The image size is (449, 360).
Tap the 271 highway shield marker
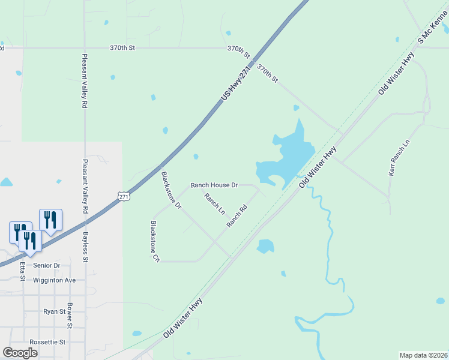pyautogui.click(x=123, y=196)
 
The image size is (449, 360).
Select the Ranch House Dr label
pyautogui.click(x=214, y=185)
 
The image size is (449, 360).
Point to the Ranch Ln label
pyautogui.click(x=214, y=204)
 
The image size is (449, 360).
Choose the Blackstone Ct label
pyautogui.click(x=155, y=241)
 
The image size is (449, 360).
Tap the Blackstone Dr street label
pyautogui.click(x=171, y=190)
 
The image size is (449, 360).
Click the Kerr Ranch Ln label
pyautogui.click(x=400, y=158)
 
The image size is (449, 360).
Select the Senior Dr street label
pyautogui.click(x=49, y=265)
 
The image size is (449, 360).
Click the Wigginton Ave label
pyautogui.click(x=55, y=280)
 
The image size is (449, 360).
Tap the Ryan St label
pyautogui.click(x=54, y=311)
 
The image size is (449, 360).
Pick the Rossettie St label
pyautogui.click(x=46, y=341)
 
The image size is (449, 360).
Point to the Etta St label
pyautogui.click(x=23, y=271)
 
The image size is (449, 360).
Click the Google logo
pyautogui.click(x=20, y=353)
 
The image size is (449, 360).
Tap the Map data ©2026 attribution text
pyautogui.click(x=423, y=355)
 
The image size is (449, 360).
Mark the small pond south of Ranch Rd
pyautogui.click(x=265, y=246)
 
